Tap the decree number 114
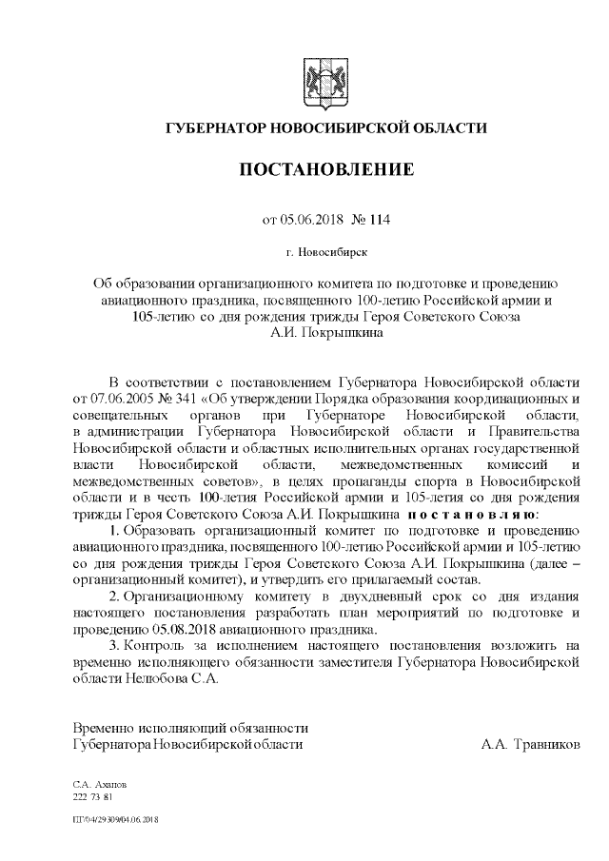point(378,220)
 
